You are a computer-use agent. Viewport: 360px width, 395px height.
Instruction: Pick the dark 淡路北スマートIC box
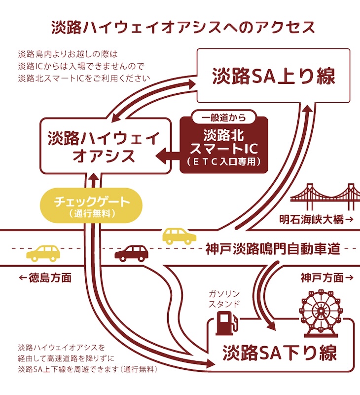pyautogui.click(x=224, y=146)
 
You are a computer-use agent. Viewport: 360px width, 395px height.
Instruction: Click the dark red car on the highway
pyautogui.click(x=132, y=253)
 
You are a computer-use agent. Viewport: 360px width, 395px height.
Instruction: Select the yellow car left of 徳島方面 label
pyautogui.click(x=42, y=253)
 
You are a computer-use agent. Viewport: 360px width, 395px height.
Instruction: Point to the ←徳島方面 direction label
pyautogui.click(x=45, y=277)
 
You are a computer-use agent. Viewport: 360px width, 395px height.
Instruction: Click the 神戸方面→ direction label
pyautogui.click(x=327, y=277)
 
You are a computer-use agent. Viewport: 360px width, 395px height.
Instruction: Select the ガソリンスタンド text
pyautogui.click(x=223, y=299)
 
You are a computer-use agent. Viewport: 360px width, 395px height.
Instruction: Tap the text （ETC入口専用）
pyautogui.click(x=224, y=161)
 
